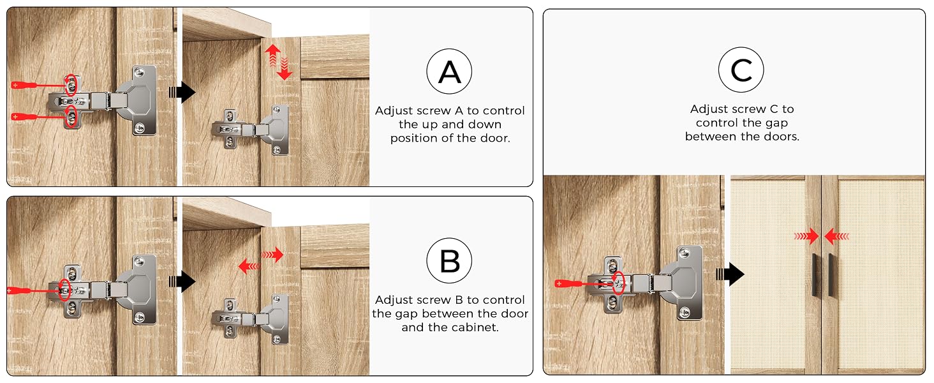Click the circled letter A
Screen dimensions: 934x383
(449, 71)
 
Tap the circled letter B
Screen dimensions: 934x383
(449, 260)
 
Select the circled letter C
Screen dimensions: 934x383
(741, 70)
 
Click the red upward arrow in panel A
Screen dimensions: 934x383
(272, 56)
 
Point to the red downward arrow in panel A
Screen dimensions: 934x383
(285, 69)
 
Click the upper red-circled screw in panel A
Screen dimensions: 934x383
(71, 86)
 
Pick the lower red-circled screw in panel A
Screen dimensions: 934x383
(71, 116)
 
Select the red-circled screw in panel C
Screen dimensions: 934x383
(618, 283)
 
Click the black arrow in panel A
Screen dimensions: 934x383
(182, 92)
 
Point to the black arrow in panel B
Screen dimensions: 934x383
(182, 282)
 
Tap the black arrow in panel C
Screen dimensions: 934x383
(730, 274)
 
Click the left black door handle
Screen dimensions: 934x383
(814, 274)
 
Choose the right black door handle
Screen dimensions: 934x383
(831, 274)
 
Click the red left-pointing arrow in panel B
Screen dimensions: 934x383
(249, 266)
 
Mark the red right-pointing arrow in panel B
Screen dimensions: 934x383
(272, 254)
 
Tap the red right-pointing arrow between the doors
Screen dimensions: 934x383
(807, 236)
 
